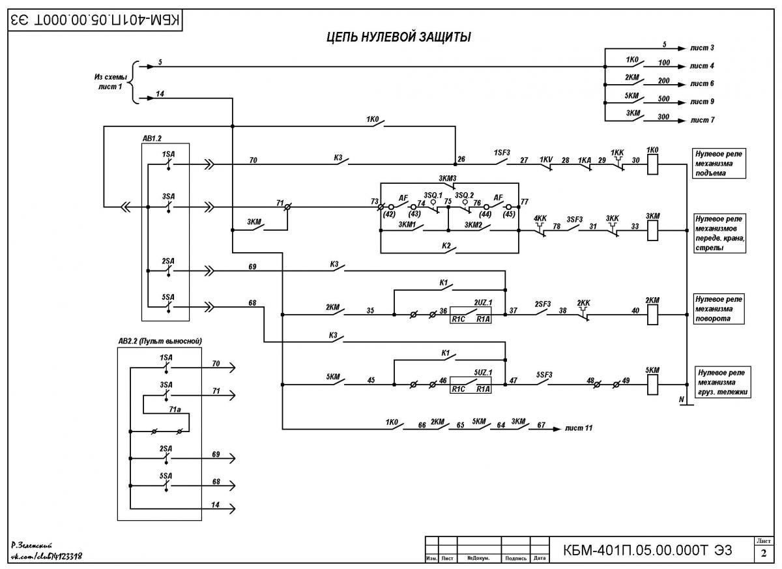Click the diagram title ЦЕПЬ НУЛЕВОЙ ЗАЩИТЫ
point(399,37)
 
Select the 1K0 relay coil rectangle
point(652,164)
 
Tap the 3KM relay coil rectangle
point(652,230)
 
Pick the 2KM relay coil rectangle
point(652,315)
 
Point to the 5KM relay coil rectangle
point(652,385)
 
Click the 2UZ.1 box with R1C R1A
point(471,315)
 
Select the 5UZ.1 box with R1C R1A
point(471,385)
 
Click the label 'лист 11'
point(579,428)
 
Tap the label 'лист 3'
point(702,48)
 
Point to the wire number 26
point(461,159)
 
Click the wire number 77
point(525,202)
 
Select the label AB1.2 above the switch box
point(152,139)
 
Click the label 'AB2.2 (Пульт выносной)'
point(160,341)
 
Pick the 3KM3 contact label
point(447,179)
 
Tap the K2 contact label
point(446,246)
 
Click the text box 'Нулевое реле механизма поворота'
point(718,309)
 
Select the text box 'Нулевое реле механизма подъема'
point(719,164)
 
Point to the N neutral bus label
point(681,400)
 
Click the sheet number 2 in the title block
point(763,553)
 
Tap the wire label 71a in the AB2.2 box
point(175,409)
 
